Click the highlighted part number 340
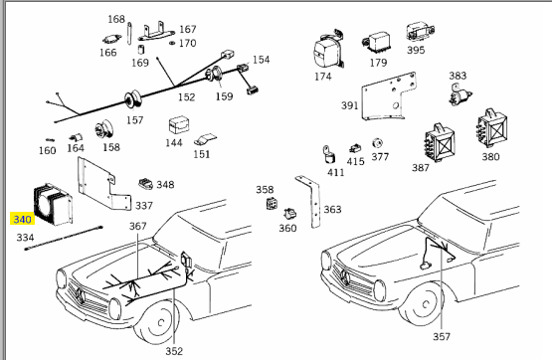[22, 220]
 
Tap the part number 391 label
[349, 105]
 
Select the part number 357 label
[442, 337]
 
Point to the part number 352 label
[174, 351]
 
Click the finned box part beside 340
[53, 204]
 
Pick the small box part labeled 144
[179, 125]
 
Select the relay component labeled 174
[328, 50]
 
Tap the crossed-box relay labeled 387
[439, 142]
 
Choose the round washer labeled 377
[377, 143]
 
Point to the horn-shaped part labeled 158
[103, 130]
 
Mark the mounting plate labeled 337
[103, 184]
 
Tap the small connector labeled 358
[272, 203]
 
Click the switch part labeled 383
[460, 94]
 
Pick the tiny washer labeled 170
[172, 43]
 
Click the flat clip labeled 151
[205, 139]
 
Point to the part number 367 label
[137, 226]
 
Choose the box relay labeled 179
[376, 42]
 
